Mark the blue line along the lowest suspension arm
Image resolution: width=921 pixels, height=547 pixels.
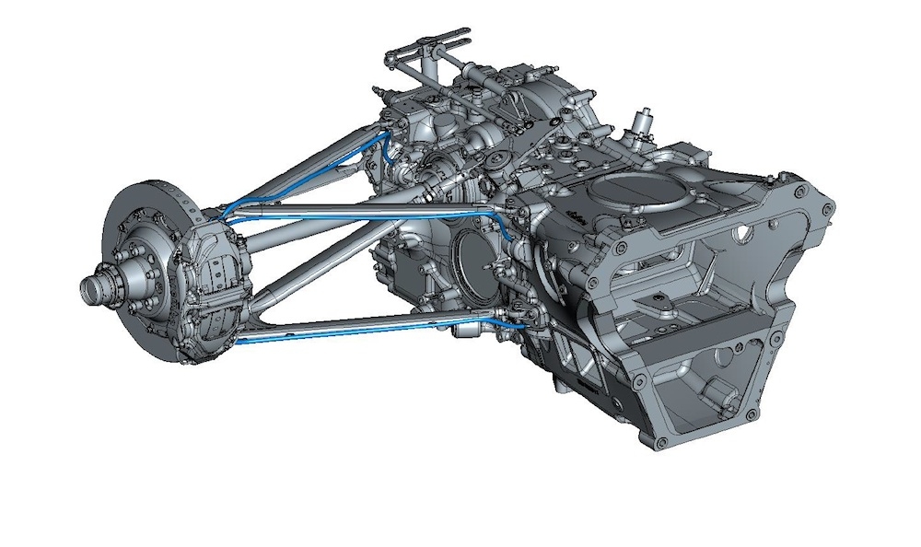tap(368, 328)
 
